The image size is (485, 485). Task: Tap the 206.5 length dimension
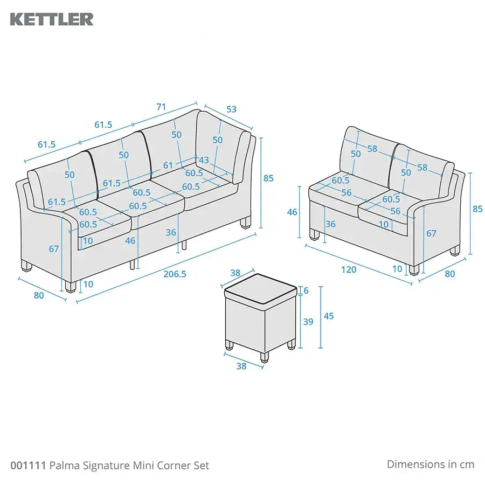tap(175, 274)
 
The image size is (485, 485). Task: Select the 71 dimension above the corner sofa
tap(161, 107)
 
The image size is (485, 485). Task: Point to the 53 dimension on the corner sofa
tap(231, 109)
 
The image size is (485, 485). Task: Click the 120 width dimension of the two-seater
tap(349, 269)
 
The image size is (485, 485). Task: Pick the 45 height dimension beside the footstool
tap(328, 316)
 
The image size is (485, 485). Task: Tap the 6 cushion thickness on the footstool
tap(307, 290)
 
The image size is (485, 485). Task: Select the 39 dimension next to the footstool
tap(308, 322)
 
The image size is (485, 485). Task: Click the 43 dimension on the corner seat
tap(203, 160)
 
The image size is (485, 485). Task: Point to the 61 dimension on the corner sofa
tap(168, 165)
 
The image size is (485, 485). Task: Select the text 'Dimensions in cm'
tap(430, 464)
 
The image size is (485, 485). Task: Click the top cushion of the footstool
tap(260, 287)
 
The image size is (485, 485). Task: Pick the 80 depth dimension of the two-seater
tap(449, 274)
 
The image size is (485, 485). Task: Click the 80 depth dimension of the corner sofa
tap(39, 295)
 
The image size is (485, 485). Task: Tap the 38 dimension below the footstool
tap(241, 366)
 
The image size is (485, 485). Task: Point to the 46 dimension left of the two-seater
tap(292, 212)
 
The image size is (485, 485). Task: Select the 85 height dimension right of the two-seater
tap(477, 209)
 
